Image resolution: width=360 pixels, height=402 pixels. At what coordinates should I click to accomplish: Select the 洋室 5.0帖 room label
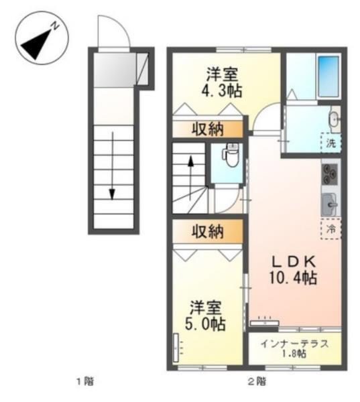(x=206, y=316)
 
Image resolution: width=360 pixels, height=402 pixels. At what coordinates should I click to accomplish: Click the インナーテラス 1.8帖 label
(x=294, y=348)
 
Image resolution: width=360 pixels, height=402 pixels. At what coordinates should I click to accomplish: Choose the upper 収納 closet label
(x=208, y=129)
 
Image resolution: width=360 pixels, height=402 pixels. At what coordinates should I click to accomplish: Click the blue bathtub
(x=328, y=76)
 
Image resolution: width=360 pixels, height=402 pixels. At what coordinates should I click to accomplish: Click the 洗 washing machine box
(x=331, y=142)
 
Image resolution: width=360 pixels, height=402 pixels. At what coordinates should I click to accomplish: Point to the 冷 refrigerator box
(x=331, y=229)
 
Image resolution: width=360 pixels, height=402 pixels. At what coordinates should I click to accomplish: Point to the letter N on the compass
(x=57, y=26)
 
